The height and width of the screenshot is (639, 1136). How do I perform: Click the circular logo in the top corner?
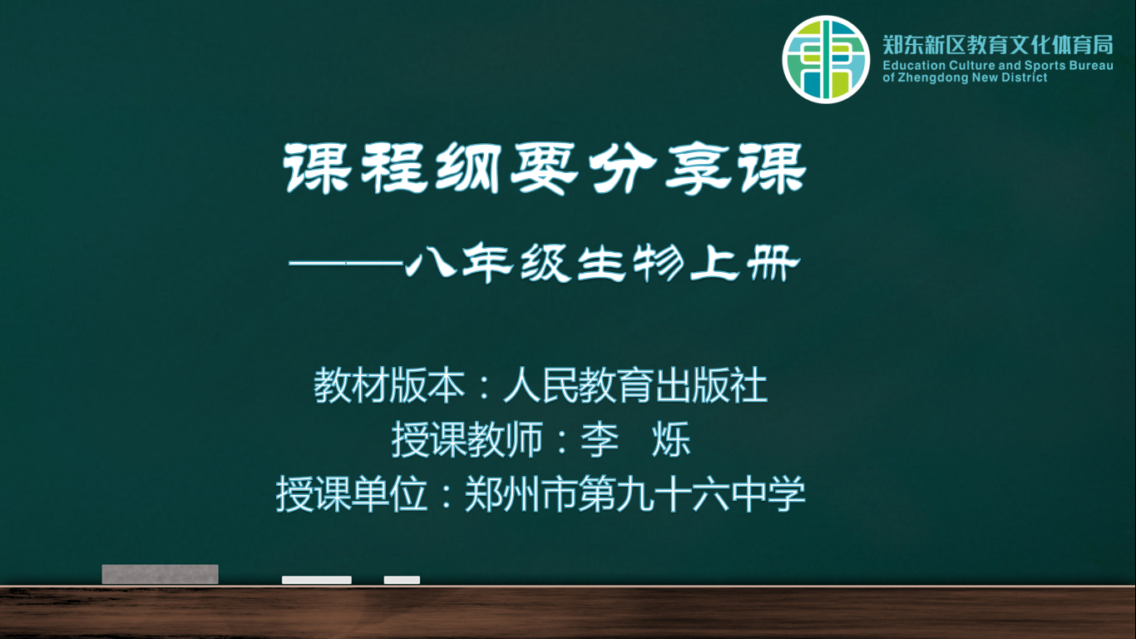[x=826, y=59]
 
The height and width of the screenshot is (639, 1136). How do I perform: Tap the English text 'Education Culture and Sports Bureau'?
[x=998, y=66]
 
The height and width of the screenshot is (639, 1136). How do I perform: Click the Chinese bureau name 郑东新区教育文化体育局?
[x=998, y=45]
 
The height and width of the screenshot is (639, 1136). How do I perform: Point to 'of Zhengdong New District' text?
[x=965, y=77]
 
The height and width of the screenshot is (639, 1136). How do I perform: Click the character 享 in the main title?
[x=696, y=168]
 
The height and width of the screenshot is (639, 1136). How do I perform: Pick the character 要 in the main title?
[x=545, y=168]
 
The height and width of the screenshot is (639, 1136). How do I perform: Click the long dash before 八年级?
[x=346, y=263]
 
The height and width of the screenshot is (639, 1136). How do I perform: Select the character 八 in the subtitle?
[x=431, y=264]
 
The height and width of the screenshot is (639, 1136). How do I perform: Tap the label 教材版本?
[x=389, y=385]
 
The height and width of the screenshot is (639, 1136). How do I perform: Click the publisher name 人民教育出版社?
[x=635, y=385]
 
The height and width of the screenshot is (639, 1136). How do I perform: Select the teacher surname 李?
[x=600, y=439]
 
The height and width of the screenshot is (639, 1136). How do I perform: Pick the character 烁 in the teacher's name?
[x=671, y=439]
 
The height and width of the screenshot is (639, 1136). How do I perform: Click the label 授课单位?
[x=352, y=494]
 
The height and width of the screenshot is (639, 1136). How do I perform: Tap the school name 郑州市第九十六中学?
[x=635, y=494]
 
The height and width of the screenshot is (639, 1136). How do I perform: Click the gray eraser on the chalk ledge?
[x=161, y=574]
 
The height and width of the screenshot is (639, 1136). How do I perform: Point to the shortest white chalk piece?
[x=402, y=580]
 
